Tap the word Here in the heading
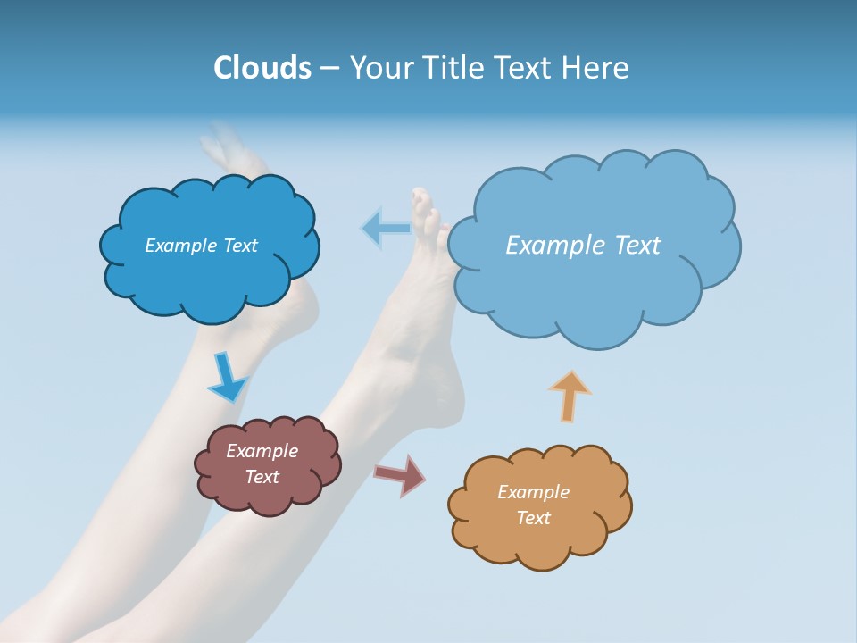tap(595, 68)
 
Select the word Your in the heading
tap(381, 68)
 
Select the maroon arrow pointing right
tap(401, 474)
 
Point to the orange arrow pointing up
tap(570, 396)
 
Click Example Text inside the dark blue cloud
tap(201, 246)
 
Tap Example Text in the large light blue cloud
tap(583, 246)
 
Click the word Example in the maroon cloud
tap(262, 451)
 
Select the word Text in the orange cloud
tap(533, 518)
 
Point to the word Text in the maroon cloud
tap(262, 477)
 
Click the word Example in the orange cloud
tap(533, 492)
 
